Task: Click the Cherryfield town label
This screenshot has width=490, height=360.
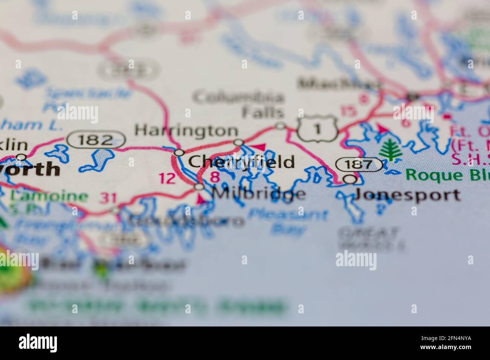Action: click(241, 162)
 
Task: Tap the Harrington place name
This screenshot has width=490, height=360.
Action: click(186, 131)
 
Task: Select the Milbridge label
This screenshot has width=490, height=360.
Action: click(259, 194)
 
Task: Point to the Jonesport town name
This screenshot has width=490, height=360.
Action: click(407, 195)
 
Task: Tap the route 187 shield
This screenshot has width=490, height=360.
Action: click(359, 165)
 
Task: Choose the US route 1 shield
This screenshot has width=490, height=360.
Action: click(317, 129)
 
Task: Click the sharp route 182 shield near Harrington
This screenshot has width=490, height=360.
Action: click(96, 140)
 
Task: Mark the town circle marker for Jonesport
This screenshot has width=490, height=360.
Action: click(351, 180)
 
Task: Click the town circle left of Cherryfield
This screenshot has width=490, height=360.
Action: click(179, 153)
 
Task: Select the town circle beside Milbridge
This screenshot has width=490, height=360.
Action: click(199, 187)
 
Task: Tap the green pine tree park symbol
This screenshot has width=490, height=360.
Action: click(390, 150)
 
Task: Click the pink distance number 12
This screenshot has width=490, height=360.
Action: click(167, 178)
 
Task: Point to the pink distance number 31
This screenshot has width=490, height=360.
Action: click(108, 198)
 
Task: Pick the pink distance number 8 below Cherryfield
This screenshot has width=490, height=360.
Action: click(215, 176)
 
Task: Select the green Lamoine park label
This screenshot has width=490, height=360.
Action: click(49, 196)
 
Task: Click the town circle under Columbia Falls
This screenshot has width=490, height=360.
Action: click(280, 126)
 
